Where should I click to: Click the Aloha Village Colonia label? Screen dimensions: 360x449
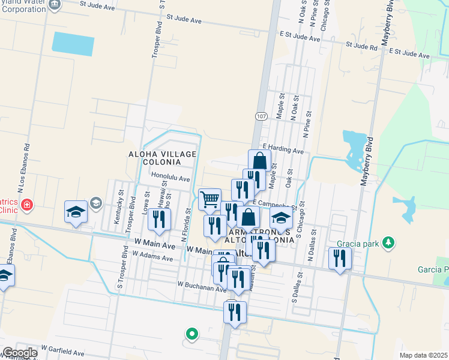click(163, 158)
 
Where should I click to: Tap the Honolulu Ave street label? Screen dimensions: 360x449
click(170, 178)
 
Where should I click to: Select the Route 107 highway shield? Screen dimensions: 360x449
click(260, 116)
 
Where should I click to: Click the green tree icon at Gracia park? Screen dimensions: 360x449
click(390, 242)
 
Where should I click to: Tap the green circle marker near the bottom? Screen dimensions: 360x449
click(192, 333)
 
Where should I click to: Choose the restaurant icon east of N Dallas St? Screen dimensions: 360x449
click(340, 258)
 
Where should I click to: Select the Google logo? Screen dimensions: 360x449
click(19, 353)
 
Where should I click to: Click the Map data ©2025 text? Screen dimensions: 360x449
click(423, 355)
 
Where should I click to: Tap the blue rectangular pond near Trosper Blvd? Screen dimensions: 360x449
click(73, 43)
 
